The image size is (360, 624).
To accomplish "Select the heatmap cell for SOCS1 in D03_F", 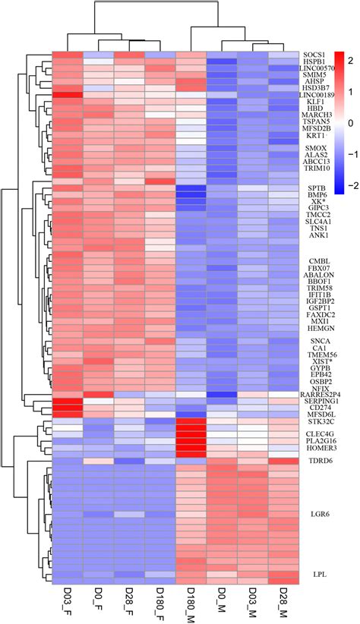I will click(x=67, y=55).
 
